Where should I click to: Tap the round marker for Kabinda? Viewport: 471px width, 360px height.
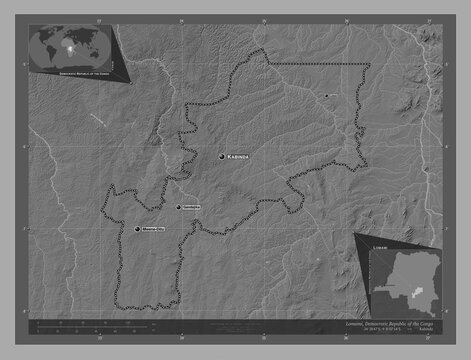tap(222, 156)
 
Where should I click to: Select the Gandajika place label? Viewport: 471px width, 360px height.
tap(192, 207)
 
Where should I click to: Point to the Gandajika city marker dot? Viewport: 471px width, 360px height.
tap(179, 207)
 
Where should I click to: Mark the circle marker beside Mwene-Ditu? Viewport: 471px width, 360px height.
tap(138, 230)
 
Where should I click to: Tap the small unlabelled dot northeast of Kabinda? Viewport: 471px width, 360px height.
tap(325, 96)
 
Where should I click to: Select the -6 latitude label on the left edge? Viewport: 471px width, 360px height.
tap(27, 146)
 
